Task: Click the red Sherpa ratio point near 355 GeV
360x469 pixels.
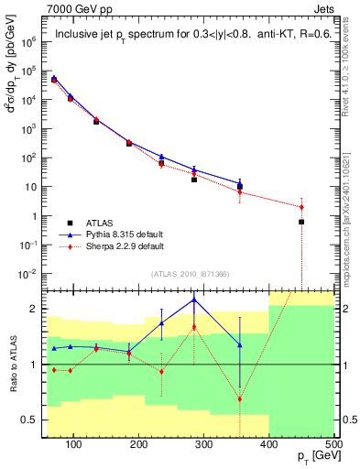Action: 240,398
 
